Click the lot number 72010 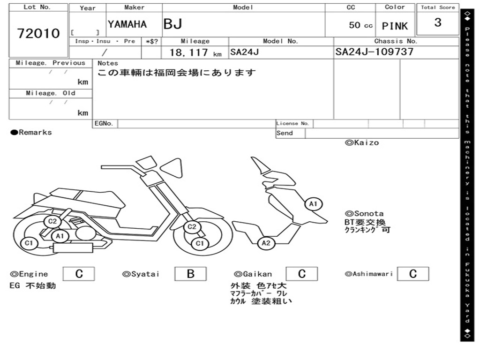click(x=38, y=33)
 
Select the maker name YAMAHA click(x=127, y=24)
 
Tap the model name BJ click(x=173, y=24)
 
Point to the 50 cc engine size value click(x=360, y=25)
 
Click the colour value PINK click(x=395, y=26)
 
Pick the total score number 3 click(x=438, y=22)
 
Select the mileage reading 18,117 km click(x=195, y=52)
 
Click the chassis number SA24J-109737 click(x=375, y=52)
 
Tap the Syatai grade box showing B click(x=190, y=274)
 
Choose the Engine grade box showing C click(x=79, y=274)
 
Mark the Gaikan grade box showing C click(x=302, y=274)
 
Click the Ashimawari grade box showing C click(x=413, y=274)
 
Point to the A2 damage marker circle click(x=266, y=243)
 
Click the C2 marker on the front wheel click(x=192, y=227)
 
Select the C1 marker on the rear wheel click(x=29, y=243)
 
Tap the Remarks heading click(x=31, y=132)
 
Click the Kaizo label click(x=362, y=142)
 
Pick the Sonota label click(x=364, y=213)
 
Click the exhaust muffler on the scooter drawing click(x=73, y=247)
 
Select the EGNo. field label click(x=104, y=123)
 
